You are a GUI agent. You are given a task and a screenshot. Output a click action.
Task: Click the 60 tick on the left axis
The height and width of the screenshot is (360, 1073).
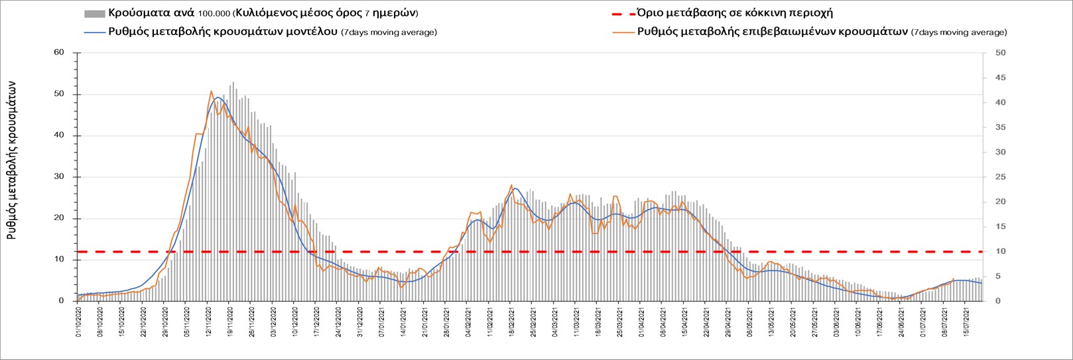[59, 52]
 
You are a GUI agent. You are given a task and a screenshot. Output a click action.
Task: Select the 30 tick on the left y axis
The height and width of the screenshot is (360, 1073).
[59, 177]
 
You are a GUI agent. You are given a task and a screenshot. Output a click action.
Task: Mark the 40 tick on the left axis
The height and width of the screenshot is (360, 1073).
[59, 135]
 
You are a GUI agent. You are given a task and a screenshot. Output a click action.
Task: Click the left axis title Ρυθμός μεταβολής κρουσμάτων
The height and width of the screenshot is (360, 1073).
[11, 160]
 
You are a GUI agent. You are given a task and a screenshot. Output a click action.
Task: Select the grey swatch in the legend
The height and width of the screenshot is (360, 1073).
[95, 13]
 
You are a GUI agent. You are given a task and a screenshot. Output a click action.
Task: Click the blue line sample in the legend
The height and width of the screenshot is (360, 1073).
[95, 32]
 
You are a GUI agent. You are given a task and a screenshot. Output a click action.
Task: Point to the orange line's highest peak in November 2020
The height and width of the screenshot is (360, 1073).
[211, 91]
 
